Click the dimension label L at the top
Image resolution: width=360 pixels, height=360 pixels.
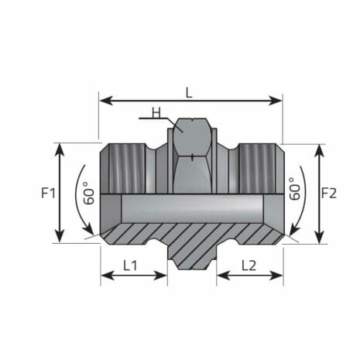(190, 92)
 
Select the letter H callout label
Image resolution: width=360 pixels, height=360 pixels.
(156, 111)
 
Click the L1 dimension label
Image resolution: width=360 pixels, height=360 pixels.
(132, 265)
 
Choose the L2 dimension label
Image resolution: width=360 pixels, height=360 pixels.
(249, 265)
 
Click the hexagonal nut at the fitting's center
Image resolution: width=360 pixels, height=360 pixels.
(190, 155)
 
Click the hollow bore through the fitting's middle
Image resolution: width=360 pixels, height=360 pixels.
(190, 207)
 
